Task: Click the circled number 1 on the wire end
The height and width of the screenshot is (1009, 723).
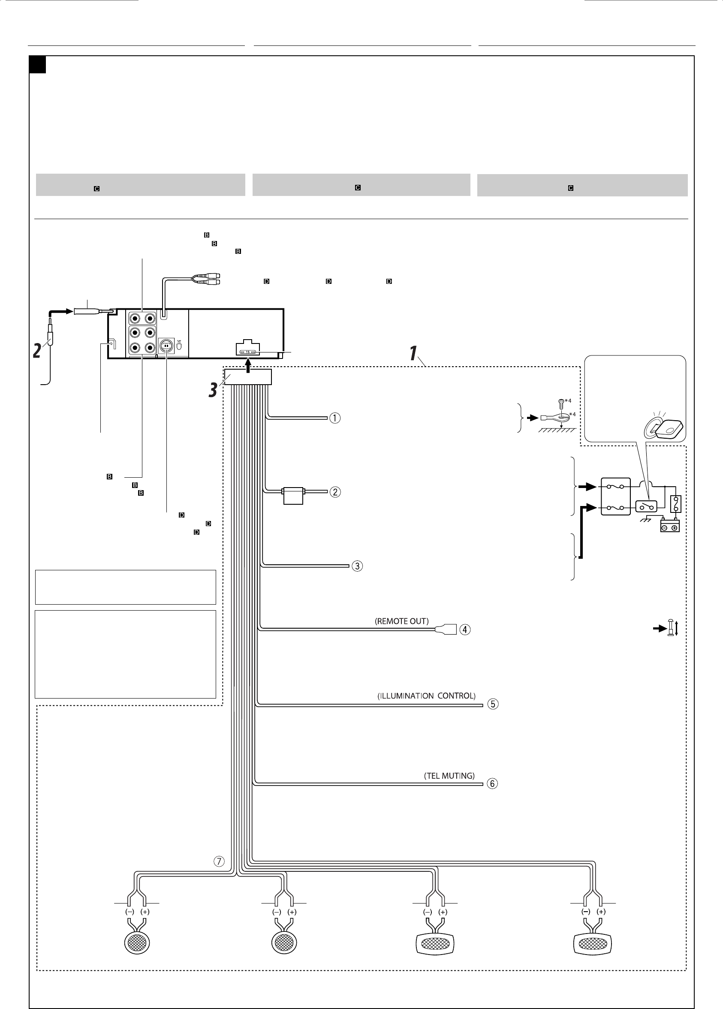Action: [x=334, y=418]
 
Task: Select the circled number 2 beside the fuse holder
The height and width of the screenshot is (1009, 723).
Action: [x=334, y=492]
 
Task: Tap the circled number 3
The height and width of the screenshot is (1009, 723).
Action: [x=357, y=566]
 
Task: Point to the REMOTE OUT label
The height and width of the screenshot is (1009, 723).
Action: [x=402, y=621]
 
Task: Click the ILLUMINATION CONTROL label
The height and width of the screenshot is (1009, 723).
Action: [x=426, y=696]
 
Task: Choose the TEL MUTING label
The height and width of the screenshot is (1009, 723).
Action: [x=449, y=776]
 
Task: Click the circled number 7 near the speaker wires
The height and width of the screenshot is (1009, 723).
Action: [x=219, y=862]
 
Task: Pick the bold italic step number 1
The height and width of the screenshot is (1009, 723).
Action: [x=413, y=354]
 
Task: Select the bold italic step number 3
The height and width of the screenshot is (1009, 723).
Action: [x=214, y=390]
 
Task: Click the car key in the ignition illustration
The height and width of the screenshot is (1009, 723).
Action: [x=666, y=428]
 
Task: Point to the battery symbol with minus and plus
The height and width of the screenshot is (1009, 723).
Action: [x=669, y=527]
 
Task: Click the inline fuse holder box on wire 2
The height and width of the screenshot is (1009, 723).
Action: [x=293, y=495]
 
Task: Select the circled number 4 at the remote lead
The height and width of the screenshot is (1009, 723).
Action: [x=464, y=629]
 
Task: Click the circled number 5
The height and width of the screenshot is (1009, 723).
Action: [x=493, y=704]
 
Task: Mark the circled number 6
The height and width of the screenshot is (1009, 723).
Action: [x=492, y=784]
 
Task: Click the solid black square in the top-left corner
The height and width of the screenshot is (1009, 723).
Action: [x=37, y=64]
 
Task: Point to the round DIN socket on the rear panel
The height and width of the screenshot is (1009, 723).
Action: [x=166, y=345]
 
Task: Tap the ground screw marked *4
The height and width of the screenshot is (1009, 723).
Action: [x=561, y=403]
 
